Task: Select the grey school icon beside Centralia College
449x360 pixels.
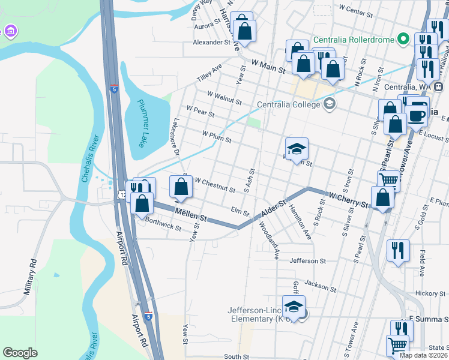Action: [x=328, y=104]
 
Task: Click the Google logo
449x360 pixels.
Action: [x=20, y=353]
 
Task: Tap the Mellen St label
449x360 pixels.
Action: [x=190, y=215]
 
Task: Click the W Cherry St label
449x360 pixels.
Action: [x=348, y=199]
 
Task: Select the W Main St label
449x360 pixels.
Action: [x=268, y=66]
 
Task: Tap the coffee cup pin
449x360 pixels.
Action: [x=417, y=115]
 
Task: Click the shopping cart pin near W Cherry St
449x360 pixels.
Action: [x=388, y=179]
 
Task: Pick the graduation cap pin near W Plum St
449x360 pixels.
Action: [x=297, y=148]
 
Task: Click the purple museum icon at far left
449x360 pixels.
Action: [x=10, y=31]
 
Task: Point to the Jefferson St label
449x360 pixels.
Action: [x=307, y=261]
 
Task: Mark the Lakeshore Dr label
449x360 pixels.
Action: [x=176, y=136]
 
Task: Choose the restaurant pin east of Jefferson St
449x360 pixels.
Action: [x=398, y=250]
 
